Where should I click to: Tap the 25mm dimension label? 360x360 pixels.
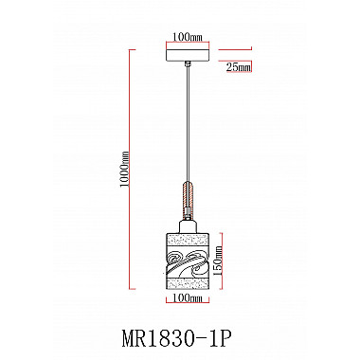coord(239,68)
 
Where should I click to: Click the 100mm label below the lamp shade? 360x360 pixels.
coord(189,298)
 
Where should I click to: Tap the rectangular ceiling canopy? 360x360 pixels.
coord(189,52)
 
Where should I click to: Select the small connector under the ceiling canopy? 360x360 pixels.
coord(189,64)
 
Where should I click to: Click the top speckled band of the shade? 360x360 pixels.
coord(189,241)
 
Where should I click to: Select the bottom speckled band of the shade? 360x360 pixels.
coord(189,278)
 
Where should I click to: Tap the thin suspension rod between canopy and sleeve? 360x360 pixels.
coord(189,123)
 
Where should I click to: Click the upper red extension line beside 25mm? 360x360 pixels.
coord(237,45)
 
